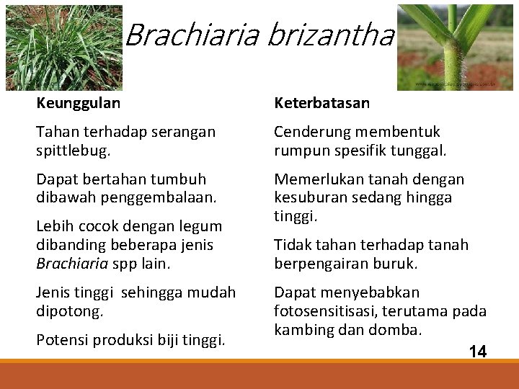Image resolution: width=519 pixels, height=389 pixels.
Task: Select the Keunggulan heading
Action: pyautogui.click(x=79, y=103)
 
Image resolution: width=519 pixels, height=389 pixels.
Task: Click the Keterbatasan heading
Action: pyautogui.click(x=321, y=103)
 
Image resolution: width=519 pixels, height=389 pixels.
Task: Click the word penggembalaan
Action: pyautogui.click(x=153, y=197)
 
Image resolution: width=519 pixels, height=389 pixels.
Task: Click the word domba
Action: pyautogui.click(x=400, y=330)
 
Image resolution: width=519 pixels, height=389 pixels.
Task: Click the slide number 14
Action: pyautogui.click(x=477, y=352)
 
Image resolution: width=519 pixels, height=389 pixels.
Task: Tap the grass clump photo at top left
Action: pyautogui.click(x=63, y=47)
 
